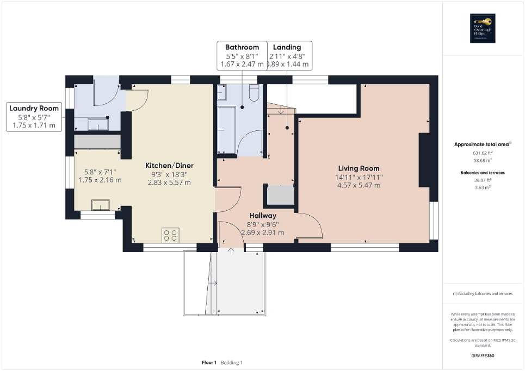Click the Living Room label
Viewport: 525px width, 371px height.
(359, 168)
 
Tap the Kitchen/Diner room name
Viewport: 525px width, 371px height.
(169, 166)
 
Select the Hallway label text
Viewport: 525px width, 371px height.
(262, 216)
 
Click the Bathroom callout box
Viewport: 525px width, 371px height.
(242, 55)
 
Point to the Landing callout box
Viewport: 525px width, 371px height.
(288, 55)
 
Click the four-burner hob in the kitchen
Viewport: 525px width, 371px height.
(170, 235)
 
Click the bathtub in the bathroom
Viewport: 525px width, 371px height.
(226, 129)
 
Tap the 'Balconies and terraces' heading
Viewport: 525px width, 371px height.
(483, 172)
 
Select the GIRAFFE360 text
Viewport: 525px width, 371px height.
(483, 355)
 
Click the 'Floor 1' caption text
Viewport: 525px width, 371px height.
(209, 362)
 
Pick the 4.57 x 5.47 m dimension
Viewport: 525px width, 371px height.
(359, 185)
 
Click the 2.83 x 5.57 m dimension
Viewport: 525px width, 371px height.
(169, 183)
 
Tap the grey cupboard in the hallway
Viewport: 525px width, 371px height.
(279, 195)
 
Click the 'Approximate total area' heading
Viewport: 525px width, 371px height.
(482, 144)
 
